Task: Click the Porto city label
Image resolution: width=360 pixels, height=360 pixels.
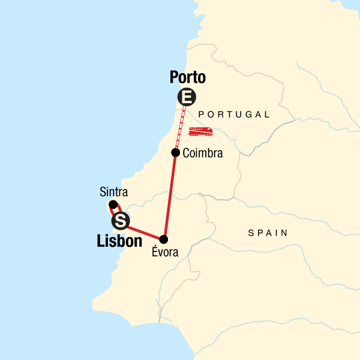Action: point(187,77)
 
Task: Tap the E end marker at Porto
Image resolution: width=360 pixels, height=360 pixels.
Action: point(187,97)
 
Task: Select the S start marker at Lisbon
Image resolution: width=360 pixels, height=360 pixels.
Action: point(121,221)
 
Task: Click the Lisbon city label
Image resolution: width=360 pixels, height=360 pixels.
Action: point(119,241)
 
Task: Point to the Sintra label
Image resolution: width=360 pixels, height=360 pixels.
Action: point(113,193)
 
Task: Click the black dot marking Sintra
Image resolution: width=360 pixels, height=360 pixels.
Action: point(112,205)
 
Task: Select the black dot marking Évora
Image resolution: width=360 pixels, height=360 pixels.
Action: point(164,239)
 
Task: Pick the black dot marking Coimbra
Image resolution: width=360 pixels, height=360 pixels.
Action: point(175,152)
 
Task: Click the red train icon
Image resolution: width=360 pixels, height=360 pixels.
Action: point(200,131)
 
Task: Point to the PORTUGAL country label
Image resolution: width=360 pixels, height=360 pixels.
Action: point(234,114)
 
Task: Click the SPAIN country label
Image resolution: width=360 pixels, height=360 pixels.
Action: point(268,233)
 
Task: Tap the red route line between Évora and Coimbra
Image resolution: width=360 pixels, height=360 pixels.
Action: point(170,195)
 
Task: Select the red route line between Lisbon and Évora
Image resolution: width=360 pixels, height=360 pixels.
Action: point(144,231)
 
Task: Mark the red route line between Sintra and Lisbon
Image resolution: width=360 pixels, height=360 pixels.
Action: point(116,212)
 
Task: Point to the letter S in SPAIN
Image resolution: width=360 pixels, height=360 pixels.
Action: point(251,233)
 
